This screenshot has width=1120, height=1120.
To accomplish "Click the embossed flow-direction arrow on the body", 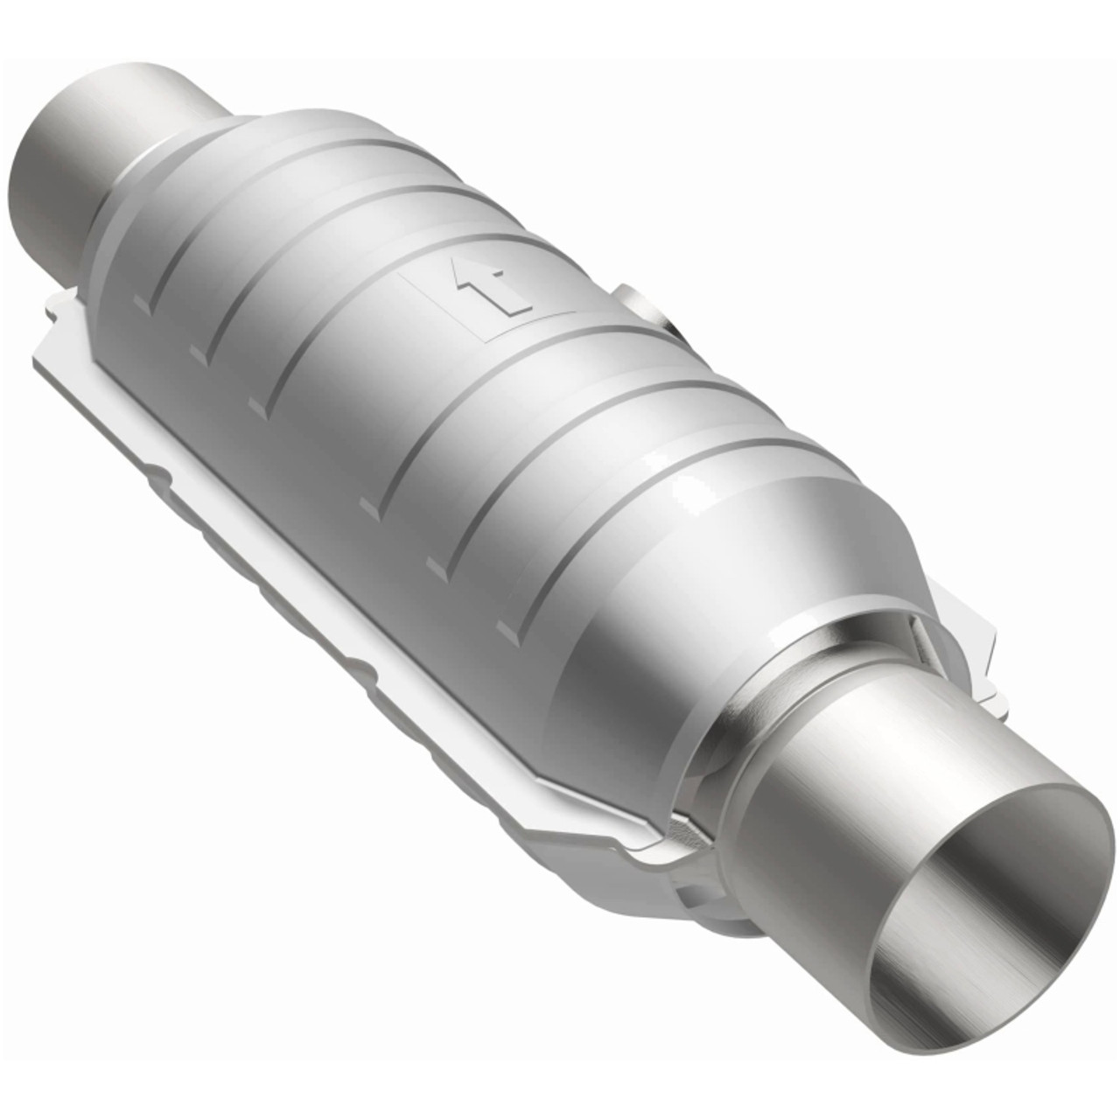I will (x=490, y=289).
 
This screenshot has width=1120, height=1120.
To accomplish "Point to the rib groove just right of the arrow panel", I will (x=560, y=350).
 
